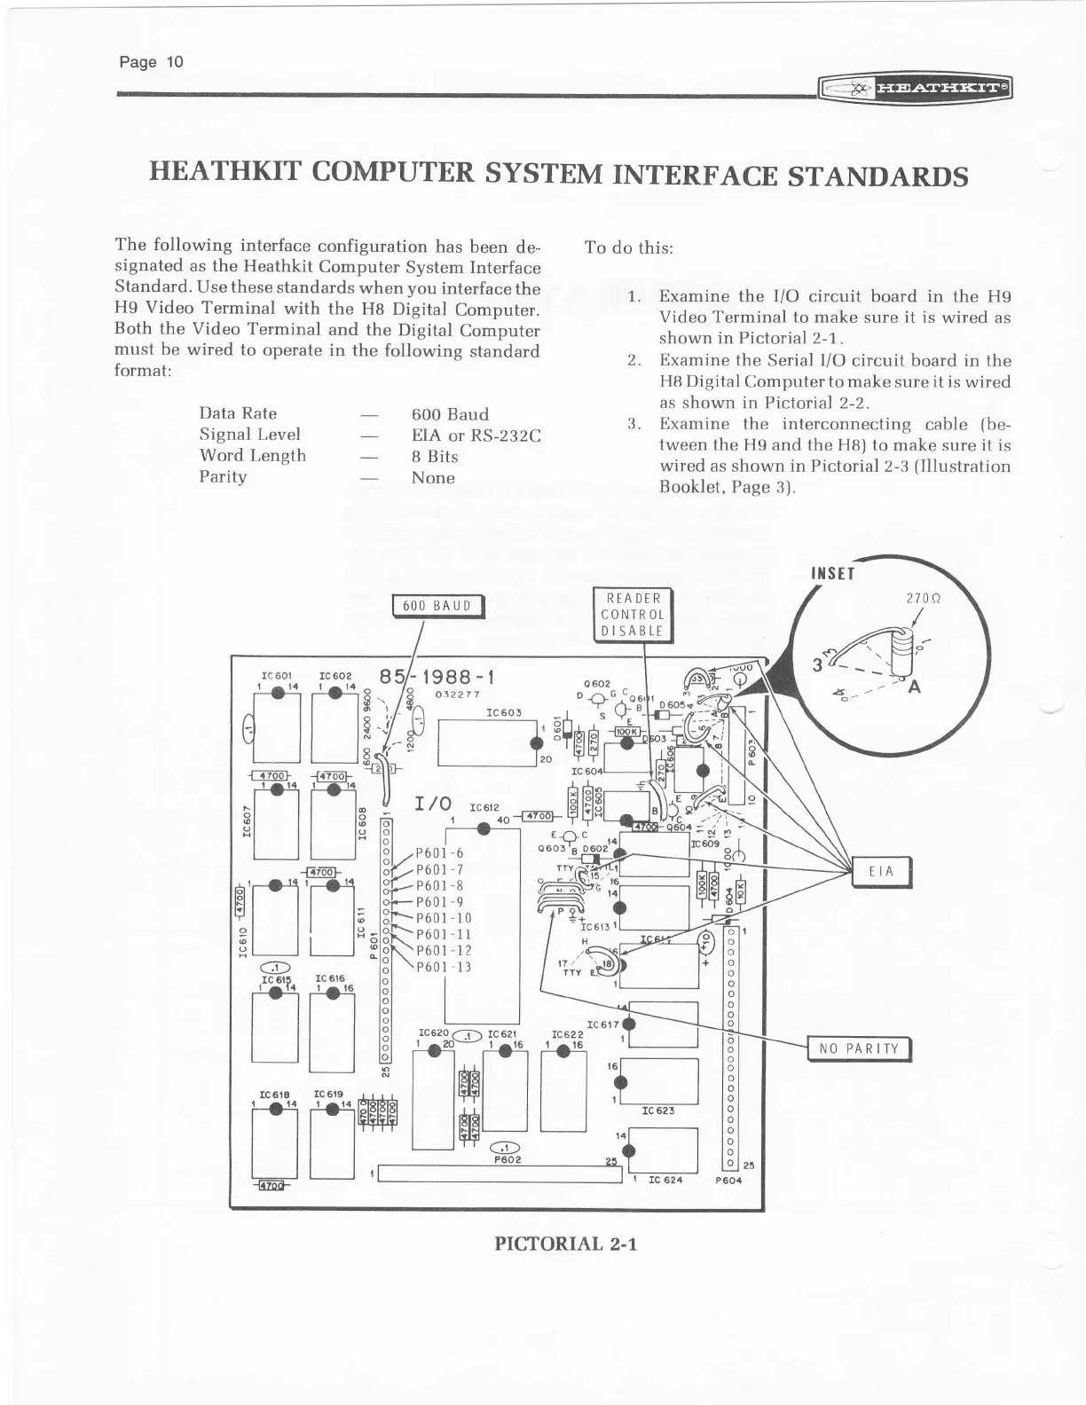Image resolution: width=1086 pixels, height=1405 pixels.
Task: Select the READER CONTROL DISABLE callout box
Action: click(633, 615)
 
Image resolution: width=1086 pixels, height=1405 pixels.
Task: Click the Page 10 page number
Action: click(150, 62)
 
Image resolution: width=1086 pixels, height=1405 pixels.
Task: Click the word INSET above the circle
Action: click(833, 573)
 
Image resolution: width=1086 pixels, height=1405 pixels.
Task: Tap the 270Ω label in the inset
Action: click(917, 598)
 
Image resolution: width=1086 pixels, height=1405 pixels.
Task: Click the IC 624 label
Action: click(665, 1181)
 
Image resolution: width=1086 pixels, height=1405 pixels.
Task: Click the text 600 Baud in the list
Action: click(450, 414)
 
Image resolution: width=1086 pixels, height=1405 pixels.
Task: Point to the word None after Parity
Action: click(433, 478)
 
